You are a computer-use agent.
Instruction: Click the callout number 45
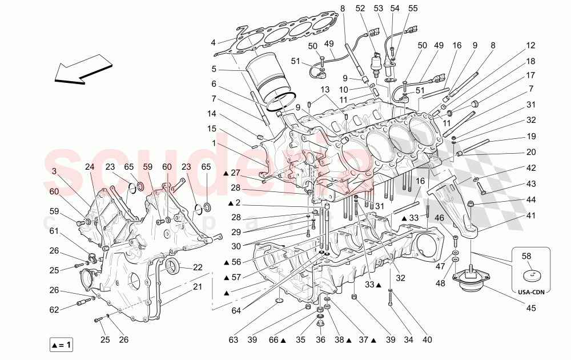click(532, 309)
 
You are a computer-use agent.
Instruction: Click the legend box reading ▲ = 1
click(61, 345)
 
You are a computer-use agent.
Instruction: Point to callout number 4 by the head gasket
click(213, 42)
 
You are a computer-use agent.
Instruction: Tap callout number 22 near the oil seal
click(198, 267)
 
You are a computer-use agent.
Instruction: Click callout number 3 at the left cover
click(53, 171)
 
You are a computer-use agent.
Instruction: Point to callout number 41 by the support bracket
click(531, 216)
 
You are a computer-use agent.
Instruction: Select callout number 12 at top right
click(531, 45)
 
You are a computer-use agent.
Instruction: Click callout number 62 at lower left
click(53, 310)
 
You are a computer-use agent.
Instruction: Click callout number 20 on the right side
click(531, 153)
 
